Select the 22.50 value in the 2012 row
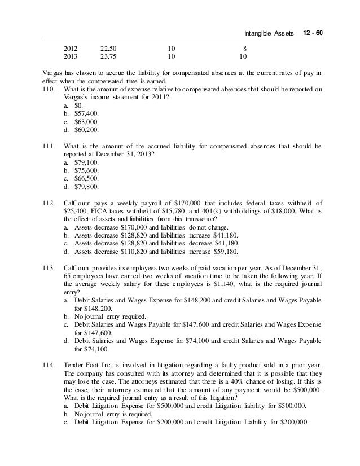[x=108, y=49]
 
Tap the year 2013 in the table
[x=71, y=57]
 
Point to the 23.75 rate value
[x=108, y=57]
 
